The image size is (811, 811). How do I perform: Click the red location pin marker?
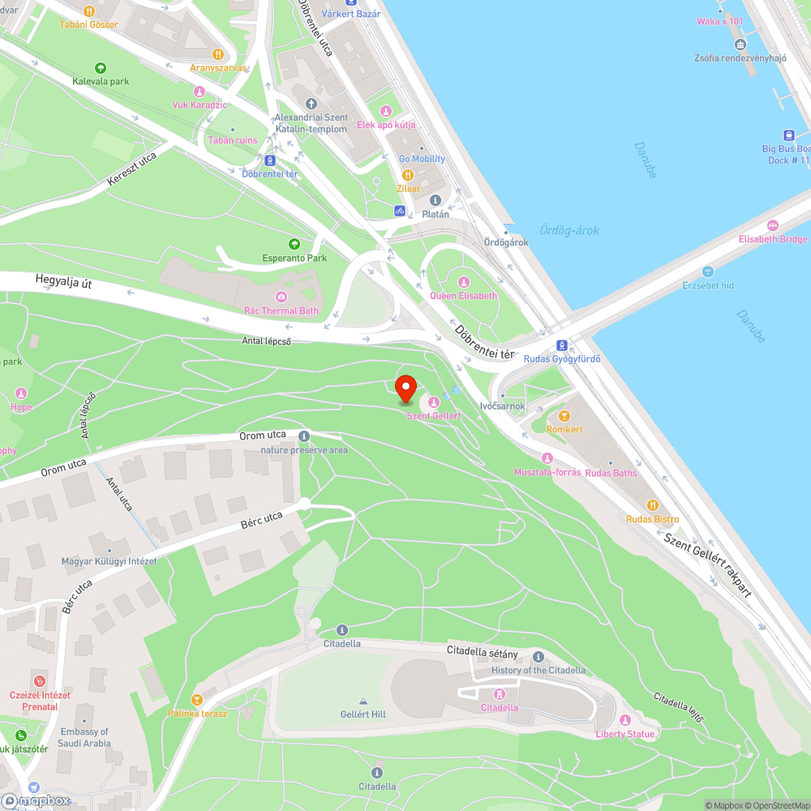click(405, 388)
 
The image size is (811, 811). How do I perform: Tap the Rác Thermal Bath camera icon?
click(281, 297)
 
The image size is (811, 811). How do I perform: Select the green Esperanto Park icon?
click(294, 243)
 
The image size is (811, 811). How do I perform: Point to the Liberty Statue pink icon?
click(624, 720)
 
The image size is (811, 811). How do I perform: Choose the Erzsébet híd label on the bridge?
click(708, 285)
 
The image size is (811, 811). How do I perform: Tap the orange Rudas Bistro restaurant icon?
click(653, 504)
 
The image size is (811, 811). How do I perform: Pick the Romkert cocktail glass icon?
click(564, 415)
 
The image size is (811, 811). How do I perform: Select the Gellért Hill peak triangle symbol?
click(363, 702)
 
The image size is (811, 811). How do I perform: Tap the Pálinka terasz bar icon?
click(196, 699)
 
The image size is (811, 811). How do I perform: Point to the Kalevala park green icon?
click(101, 68)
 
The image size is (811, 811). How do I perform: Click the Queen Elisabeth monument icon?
click(464, 281)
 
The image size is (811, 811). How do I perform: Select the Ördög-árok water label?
click(569, 230)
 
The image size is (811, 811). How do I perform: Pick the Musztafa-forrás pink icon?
click(547, 458)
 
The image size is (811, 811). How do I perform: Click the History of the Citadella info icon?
click(539, 657)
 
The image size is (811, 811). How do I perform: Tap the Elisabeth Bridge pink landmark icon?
click(773, 225)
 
